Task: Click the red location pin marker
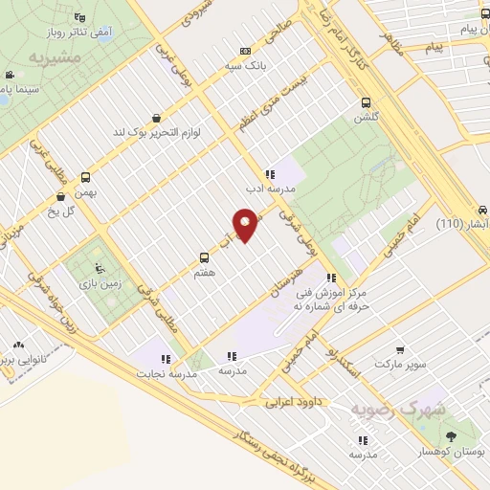pyautogui.click(x=246, y=225)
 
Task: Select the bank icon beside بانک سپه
pyautogui.click(x=246, y=51)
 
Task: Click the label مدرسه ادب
pyautogui.click(x=271, y=189)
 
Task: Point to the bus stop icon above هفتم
pyautogui.click(x=203, y=256)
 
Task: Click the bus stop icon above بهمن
pyautogui.click(x=86, y=177)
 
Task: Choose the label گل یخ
pyautogui.click(x=62, y=210)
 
